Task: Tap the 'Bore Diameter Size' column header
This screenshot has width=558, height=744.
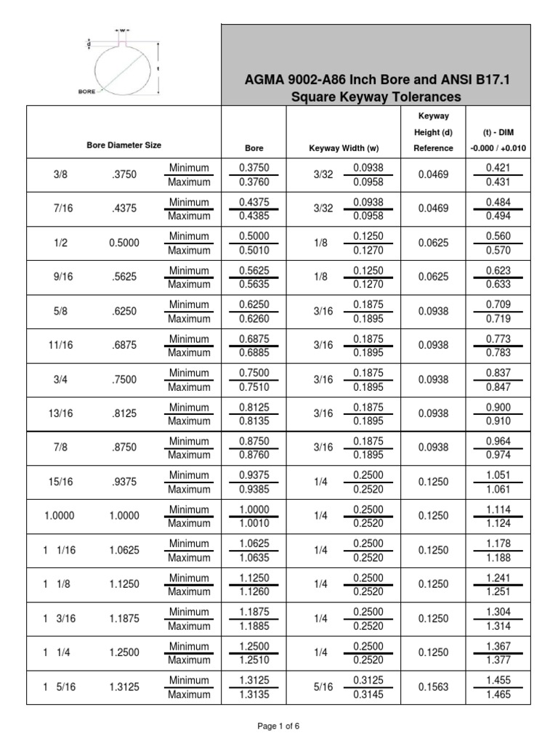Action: pos(124,146)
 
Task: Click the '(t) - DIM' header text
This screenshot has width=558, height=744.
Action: pos(498,133)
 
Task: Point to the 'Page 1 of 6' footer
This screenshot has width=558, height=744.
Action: pos(279,726)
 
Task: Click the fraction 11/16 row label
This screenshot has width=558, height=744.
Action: pos(61,345)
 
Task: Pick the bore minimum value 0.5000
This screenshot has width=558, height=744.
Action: pos(254,236)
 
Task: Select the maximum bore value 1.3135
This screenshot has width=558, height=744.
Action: pos(254,695)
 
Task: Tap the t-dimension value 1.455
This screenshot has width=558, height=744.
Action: pos(498,681)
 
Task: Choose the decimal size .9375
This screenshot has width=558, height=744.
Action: pos(124,482)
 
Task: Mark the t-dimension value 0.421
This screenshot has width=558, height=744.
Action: pos(498,168)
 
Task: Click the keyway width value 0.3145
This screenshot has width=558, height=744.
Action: pos(368,695)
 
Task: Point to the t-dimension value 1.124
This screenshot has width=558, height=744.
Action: pos(498,523)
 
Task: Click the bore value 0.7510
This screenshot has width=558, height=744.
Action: pos(254,387)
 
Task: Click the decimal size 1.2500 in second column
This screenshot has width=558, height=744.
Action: pos(124,653)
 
